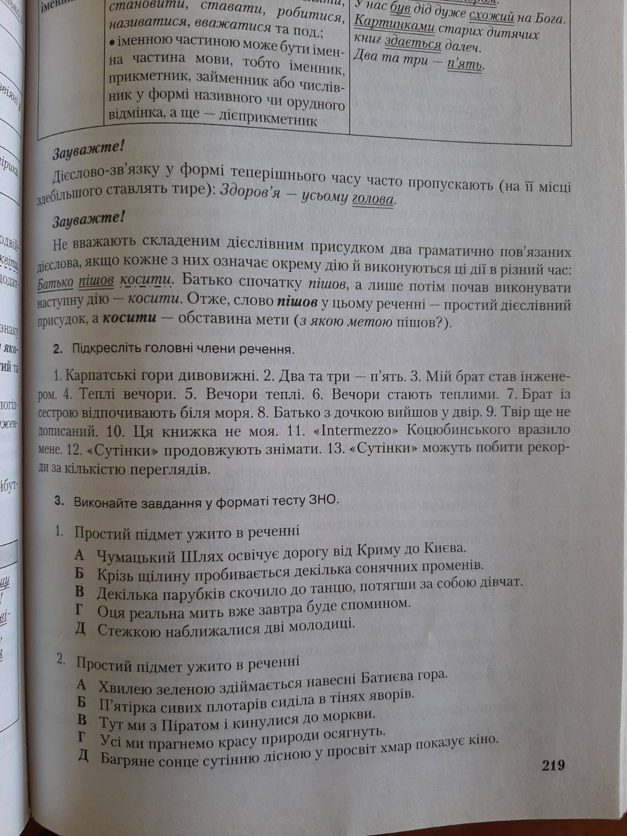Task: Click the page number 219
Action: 553,765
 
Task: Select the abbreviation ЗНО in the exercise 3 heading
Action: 323,499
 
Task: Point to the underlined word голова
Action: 373,199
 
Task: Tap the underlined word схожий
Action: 492,18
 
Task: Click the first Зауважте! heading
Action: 88,150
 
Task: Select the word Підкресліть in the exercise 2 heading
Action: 104,349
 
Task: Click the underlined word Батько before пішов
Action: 55,283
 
